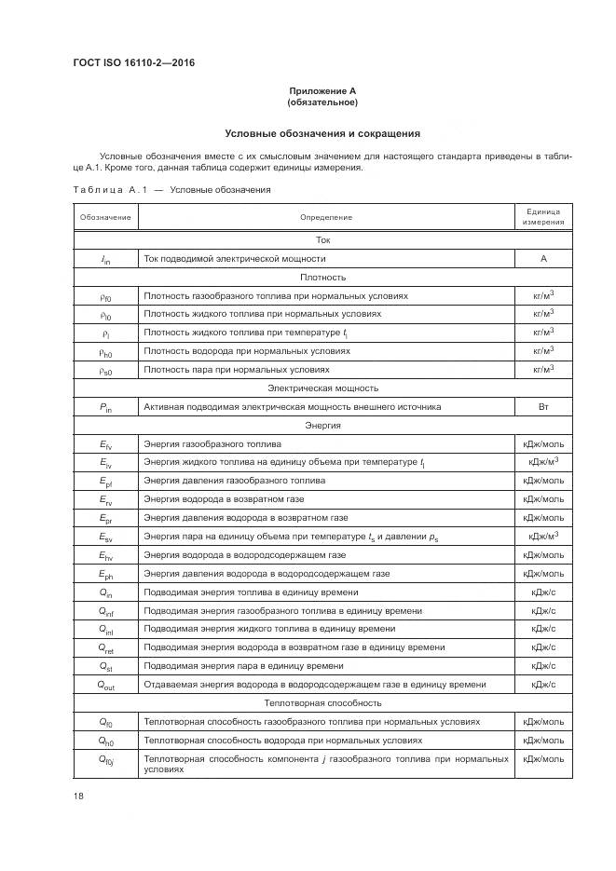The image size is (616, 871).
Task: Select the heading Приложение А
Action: pos(322,90)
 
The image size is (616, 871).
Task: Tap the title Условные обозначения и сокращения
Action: pos(322,133)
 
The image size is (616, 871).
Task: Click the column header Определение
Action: pos(325,217)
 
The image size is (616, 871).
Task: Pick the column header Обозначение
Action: pos(105,217)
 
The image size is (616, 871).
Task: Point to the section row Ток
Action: pos(322,239)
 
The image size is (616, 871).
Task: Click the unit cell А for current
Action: pos(542,258)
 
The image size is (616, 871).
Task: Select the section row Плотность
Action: pos(322,277)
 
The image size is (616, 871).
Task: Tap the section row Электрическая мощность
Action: pos(322,388)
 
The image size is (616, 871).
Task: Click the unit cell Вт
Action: pos(542,406)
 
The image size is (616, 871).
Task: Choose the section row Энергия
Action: pos(322,425)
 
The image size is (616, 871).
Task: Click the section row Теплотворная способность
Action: pos(322,702)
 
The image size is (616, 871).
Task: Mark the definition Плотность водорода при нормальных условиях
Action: pos(247,351)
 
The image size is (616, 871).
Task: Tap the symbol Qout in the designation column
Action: pos(105,685)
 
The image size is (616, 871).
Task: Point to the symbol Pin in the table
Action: pos(105,407)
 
